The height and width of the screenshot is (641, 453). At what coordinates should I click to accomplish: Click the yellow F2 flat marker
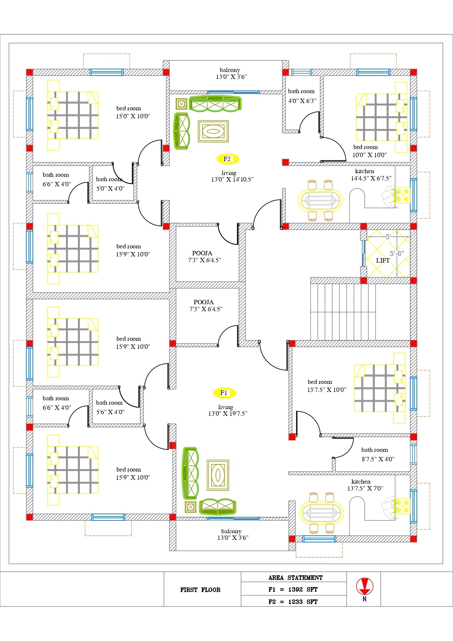point(227,159)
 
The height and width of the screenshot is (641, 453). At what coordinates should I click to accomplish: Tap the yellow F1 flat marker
point(224,393)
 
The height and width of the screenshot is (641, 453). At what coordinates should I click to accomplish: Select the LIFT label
point(383,260)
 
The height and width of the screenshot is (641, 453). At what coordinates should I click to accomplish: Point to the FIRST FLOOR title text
point(200,590)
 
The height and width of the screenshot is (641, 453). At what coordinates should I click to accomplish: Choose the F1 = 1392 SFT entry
point(293,590)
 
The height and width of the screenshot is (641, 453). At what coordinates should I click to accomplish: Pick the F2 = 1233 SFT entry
point(293,602)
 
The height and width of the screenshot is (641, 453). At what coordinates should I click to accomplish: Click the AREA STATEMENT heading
point(295,578)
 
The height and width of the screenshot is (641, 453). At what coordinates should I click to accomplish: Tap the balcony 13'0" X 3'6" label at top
point(231,73)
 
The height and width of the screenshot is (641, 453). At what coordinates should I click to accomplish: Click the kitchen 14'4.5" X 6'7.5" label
point(371,175)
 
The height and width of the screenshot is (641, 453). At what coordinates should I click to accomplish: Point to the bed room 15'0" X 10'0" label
point(133,112)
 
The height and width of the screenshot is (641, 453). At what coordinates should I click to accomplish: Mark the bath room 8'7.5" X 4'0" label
point(377,455)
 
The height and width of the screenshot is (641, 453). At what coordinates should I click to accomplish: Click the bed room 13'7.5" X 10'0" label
point(326,386)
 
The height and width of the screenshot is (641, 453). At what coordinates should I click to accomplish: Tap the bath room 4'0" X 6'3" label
point(302,96)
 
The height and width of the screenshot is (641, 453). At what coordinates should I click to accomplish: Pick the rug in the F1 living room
point(218,475)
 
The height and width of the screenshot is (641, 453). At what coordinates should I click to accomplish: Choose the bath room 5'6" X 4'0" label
point(110,407)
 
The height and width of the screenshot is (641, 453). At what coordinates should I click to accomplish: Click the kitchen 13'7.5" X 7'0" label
point(365,485)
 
